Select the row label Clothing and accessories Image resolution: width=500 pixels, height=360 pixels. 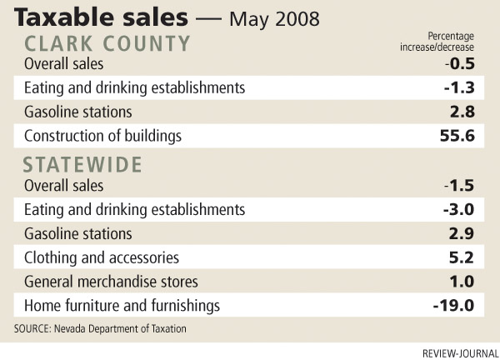[x=102, y=257]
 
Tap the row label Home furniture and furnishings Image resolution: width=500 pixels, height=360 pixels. [x=122, y=305]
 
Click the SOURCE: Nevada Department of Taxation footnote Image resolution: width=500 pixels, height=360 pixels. [x=100, y=328]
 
